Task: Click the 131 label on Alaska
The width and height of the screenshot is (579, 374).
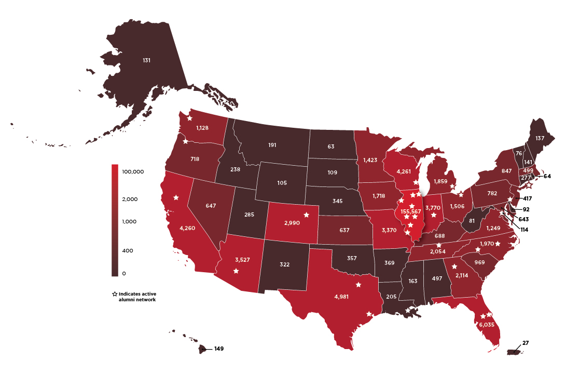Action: (147, 60)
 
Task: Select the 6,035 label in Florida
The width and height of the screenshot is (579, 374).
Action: (486, 324)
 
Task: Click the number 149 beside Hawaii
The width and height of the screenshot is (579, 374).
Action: (220, 349)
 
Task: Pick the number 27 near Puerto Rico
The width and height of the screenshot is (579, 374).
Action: (526, 343)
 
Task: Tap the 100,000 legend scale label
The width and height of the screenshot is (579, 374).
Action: (132, 171)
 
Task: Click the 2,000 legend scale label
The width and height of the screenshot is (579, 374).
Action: (129, 199)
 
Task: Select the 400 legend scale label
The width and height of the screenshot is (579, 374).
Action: (127, 250)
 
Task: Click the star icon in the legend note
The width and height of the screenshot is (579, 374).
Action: (114, 294)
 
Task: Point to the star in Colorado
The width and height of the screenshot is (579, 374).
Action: (306, 215)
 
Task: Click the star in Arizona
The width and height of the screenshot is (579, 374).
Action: (236, 271)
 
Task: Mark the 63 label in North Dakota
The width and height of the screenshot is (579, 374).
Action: (331, 147)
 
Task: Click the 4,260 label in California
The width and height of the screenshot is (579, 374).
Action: (187, 227)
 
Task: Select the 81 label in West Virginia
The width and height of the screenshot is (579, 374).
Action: (471, 220)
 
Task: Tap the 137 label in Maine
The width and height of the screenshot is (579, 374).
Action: (540, 138)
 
